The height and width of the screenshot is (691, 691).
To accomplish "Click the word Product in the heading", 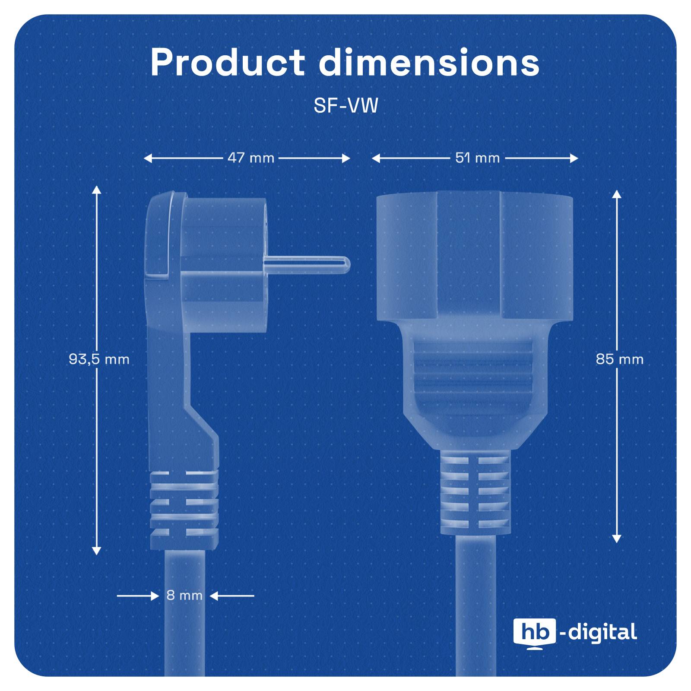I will click(x=227, y=63).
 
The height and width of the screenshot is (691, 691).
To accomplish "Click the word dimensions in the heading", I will click(x=429, y=63).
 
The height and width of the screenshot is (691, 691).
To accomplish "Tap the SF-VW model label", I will click(x=345, y=106).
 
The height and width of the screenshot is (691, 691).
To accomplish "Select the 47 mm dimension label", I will click(x=251, y=158).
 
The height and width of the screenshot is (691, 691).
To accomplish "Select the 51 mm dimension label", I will click(x=477, y=158).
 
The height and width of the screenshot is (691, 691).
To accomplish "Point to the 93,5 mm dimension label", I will click(x=99, y=359).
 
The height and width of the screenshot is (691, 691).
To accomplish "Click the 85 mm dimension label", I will click(x=619, y=359).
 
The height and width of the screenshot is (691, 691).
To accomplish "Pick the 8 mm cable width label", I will click(x=184, y=596).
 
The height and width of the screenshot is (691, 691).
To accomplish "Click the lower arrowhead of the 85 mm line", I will click(x=617, y=539).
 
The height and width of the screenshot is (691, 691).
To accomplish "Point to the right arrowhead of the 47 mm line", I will click(x=346, y=158).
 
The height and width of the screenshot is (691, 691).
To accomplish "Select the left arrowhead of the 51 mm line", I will click(x=376, y=158).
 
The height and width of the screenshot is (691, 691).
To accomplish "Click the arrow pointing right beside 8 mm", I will click(x=155, y=596).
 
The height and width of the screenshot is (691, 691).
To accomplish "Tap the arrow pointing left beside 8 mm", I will click(x=214, y=596).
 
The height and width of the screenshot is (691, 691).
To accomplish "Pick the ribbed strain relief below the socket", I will click(x=475, y=492).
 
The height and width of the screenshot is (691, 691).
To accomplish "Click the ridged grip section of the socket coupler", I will click(x=475, y=371).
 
